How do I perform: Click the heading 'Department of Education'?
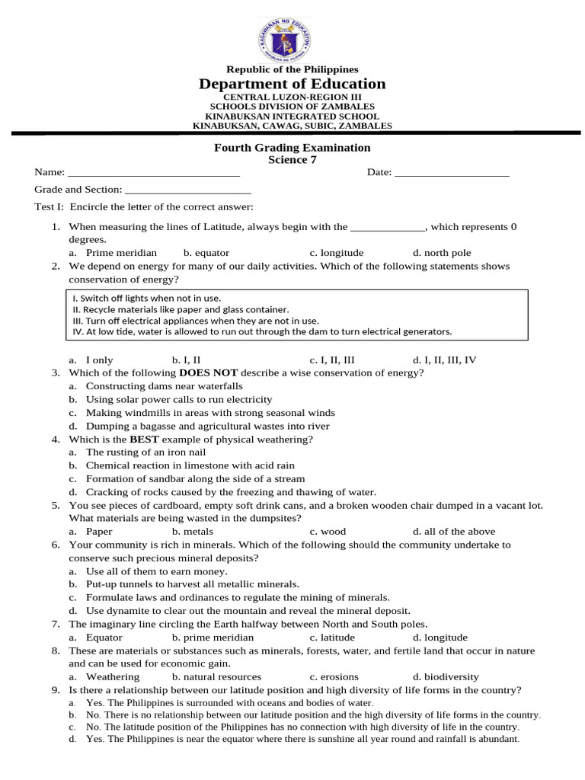[292, 84]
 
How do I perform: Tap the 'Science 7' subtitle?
[292, 160]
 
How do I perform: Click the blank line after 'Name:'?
[154, 173]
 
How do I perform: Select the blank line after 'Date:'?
[452, 173]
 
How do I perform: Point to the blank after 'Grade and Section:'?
[187, 190]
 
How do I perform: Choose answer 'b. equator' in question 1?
[206, 253]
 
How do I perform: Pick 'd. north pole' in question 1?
[442, 253]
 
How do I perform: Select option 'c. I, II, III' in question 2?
[332, 360]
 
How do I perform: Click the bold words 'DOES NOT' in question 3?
[208, 373]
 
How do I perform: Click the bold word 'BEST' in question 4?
[144, 440]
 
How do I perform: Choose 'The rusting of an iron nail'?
[146, 452]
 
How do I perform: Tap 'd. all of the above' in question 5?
[454, 532]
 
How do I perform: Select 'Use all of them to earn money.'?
[156, 571]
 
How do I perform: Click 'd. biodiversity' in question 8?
[446, 676]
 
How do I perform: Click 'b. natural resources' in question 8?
[216, 676]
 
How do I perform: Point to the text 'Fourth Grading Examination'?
[292, 148]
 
